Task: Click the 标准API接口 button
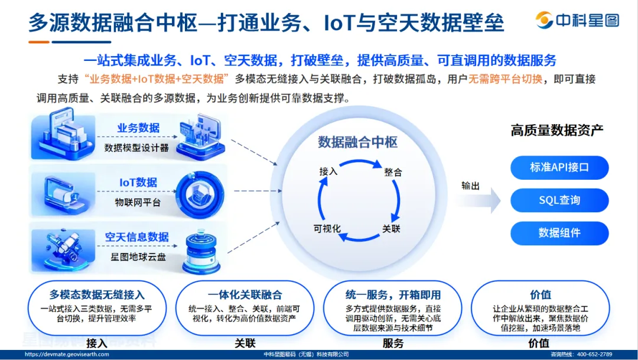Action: pos(559,167)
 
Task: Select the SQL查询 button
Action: pos(559,200)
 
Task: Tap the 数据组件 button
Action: pos(559,233)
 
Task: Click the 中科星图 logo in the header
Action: pos(577,21)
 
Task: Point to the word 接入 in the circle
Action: pos(328,171)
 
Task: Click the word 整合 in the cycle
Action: pos(393,172)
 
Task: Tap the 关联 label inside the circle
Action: pos(391,229)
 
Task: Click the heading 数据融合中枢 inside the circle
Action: pos(358,142)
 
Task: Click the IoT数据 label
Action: pos(138,182)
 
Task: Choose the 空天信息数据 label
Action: pos(137,237)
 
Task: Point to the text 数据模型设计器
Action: pos(136,147)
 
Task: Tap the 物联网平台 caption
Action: pos(137,202)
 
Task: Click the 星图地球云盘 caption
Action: pos(137,257)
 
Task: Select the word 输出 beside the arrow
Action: pos(471,186)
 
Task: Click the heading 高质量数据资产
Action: pos(557,131)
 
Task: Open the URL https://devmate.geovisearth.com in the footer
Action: pos(63,354)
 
